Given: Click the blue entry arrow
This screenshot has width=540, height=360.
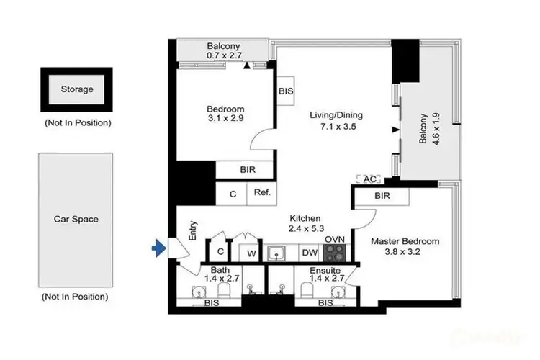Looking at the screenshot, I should click(x=158, y=249).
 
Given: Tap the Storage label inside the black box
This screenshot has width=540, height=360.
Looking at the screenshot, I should click(x=76, y=89).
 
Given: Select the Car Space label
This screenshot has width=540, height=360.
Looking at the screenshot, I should click(x=76, y=219).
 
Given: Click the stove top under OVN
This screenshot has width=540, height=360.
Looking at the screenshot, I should click(x=335, y=253).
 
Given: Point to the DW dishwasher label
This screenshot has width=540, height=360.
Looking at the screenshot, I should click(x=308, y=253).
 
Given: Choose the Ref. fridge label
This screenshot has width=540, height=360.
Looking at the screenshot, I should click(x=261, y=193).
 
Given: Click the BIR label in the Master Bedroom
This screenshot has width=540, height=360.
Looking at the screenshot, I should click(x=382, y=196).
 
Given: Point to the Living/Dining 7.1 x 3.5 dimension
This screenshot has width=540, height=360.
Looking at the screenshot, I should click(x=336, y=127).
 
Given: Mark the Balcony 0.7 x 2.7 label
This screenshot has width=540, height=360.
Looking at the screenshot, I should click(x=224, y=50).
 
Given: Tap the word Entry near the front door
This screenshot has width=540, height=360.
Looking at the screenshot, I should click(x=192, y=230).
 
